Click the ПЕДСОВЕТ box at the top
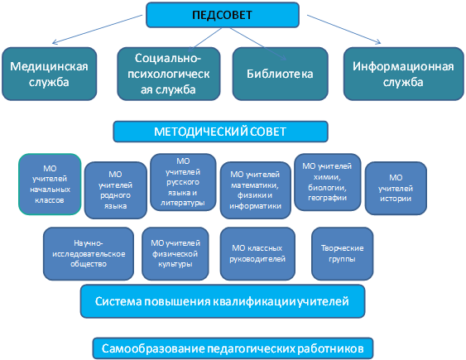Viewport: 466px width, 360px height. (223, 15)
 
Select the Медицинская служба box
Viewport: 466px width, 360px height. (50, 74)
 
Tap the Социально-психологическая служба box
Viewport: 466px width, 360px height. (169, 74)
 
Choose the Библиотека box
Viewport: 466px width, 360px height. (280, 74)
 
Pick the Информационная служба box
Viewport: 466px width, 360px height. (403, 74)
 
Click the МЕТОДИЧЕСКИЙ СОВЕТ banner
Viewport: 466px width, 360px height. (220, 132)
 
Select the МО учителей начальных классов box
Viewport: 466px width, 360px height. (50, 185)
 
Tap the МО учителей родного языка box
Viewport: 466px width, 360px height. (116, 190)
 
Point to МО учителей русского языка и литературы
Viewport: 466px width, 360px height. (183, 182)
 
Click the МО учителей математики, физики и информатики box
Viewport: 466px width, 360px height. (255, 190)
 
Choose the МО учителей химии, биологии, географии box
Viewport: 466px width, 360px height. (327, 182)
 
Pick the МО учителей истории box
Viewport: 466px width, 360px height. (396, 189)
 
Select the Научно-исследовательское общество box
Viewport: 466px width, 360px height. (89, 254)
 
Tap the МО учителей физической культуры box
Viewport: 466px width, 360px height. (175, 254)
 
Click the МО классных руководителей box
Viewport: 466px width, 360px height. (257, 254)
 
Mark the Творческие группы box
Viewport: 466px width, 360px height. (342, 254)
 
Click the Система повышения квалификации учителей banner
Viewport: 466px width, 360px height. (223, 301)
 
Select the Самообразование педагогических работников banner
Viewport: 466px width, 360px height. (233, 348)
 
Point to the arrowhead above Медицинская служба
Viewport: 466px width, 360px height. (54, 42)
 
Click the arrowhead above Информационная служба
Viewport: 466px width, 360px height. (378, 42)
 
